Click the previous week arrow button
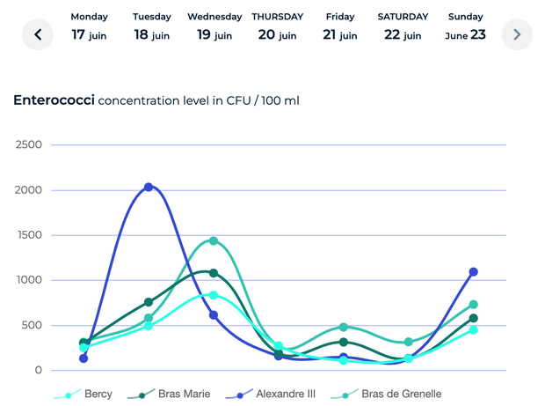(38, 34)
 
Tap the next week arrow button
(517, 34)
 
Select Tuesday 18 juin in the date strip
(153, 26)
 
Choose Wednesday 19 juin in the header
(214, 26)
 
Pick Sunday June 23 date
(465, 26)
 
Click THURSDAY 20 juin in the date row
(278, 26)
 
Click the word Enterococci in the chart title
(53, 100)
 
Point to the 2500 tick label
(29, 144)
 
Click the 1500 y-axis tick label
(29, 235)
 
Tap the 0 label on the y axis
(38, 371)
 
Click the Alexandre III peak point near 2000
(149, 187)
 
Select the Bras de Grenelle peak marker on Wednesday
(214, 240)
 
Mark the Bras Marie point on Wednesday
(214, 273)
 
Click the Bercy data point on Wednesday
(214, 295)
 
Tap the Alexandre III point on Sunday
(474, 272)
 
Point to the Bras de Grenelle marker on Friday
(344, 327)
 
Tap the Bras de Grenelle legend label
(401, 394)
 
